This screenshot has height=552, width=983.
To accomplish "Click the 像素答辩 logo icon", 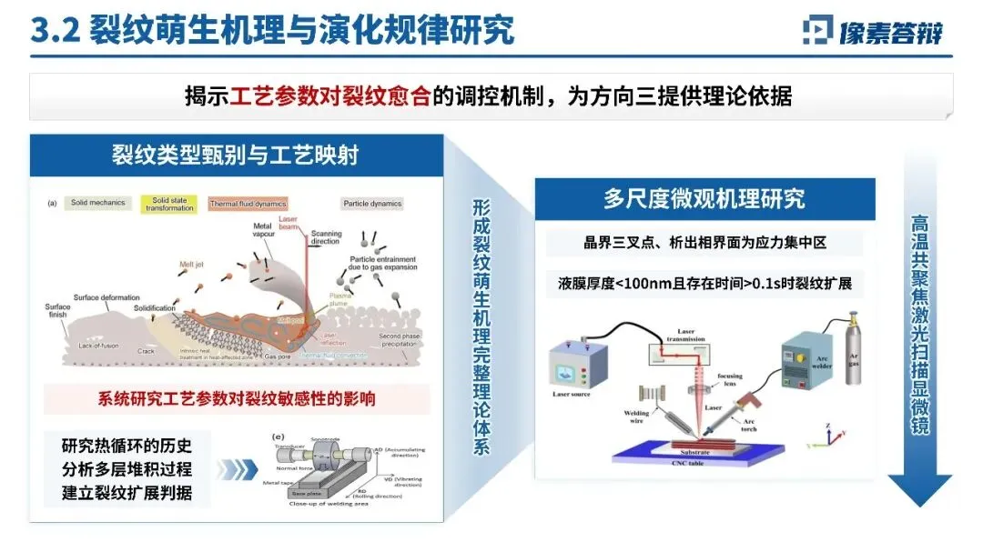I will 818,30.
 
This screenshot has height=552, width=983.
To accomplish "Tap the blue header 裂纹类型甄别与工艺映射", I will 236,156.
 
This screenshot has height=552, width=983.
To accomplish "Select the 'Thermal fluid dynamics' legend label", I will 248,204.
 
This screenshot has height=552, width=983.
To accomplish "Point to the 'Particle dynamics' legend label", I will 372,204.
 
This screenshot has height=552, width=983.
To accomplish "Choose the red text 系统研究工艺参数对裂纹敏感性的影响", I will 237,398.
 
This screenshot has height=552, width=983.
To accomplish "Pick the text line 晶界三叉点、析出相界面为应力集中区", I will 704,243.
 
